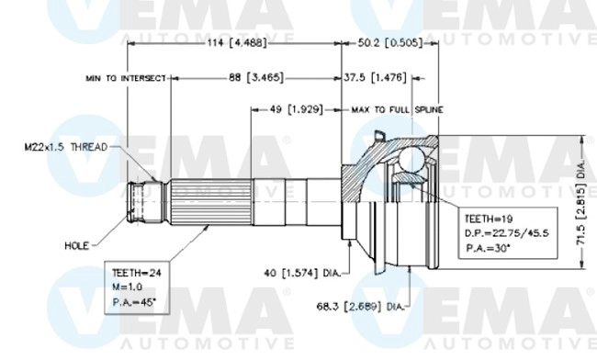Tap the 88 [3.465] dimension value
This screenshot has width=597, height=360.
(254, 78)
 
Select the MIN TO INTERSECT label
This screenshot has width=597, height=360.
(126, 79)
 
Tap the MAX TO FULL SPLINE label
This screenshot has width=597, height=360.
(397, 109)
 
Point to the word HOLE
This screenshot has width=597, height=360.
(76, 246)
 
